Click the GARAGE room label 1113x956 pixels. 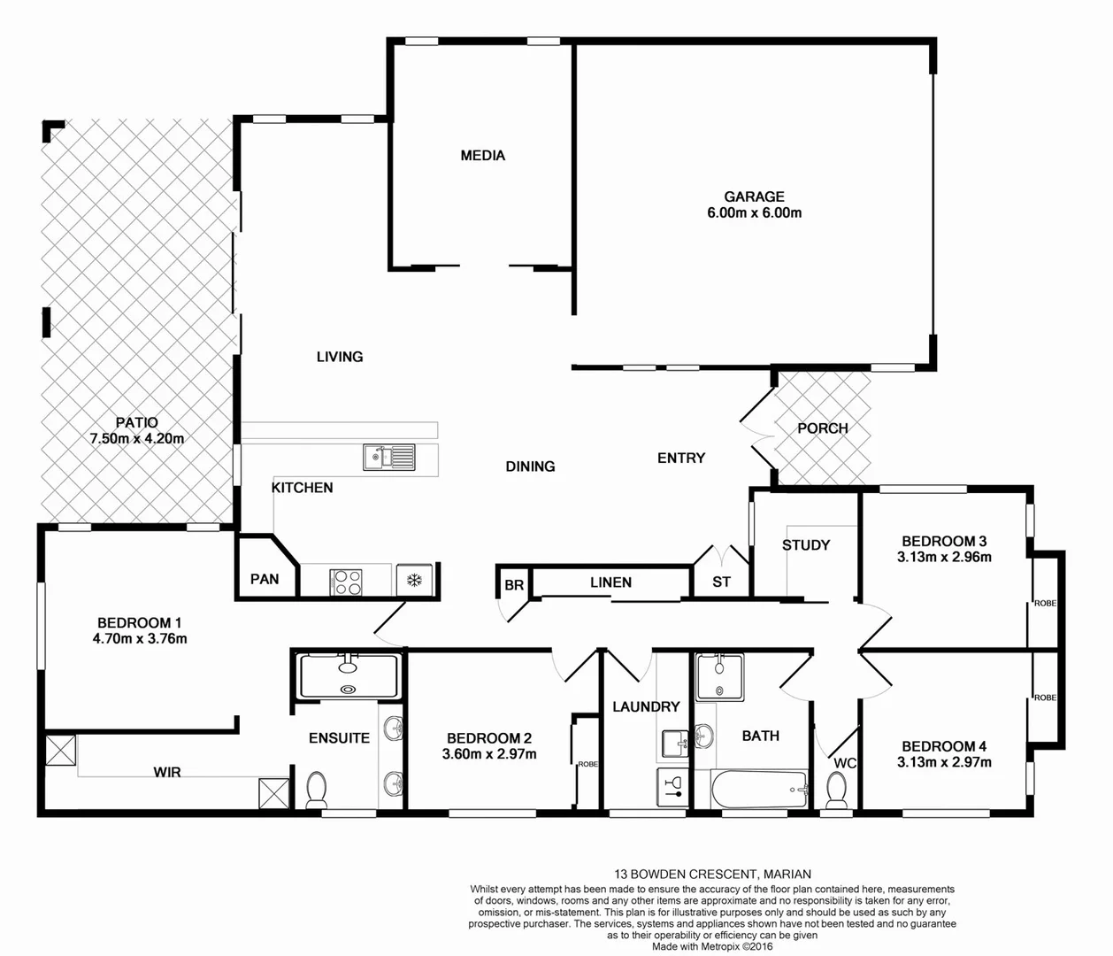coord(754,197)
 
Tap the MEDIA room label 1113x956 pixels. coord(482,156)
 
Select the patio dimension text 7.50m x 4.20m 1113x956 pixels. coord(136,438)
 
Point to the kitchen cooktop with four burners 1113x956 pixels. coord(346,582)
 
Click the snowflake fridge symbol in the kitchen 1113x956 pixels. coord(413,581)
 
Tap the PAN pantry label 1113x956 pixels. coord(264,579)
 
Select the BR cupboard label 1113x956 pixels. coord(513,585)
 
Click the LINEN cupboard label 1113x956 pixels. coord(610,582)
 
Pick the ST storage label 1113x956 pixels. coord(721,582)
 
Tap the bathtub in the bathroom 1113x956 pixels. coord(759,788)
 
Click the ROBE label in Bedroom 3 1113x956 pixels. coord(1045,603)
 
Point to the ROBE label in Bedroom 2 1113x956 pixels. coord(587,764)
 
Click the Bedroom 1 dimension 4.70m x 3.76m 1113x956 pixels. coord(140,638)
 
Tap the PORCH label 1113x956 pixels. coord(822,428)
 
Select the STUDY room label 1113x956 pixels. coord(805,545)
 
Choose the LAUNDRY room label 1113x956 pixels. coord(646,706)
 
